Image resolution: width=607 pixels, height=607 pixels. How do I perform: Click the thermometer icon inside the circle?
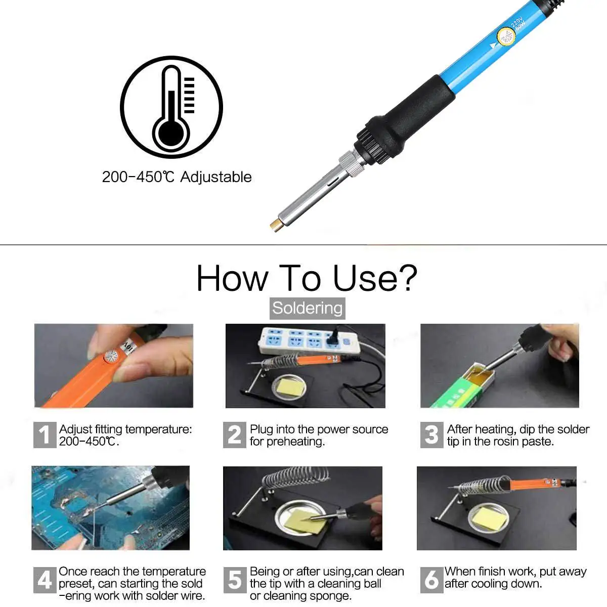(171, 109)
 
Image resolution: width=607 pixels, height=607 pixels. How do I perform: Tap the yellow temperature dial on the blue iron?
(506, 37)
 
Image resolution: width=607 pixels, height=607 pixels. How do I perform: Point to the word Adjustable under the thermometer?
(215, 177)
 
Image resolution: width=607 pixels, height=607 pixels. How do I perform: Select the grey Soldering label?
(307, 308)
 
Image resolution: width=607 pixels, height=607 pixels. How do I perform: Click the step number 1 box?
(45, 435)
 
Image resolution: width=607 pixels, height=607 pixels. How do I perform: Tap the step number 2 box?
(235, 435)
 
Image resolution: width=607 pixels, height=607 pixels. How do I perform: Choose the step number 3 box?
(431, 435)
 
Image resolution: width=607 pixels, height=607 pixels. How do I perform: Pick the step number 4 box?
(45, 580)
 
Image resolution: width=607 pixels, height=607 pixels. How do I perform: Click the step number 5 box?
(235, 580)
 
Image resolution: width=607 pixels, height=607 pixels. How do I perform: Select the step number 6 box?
(431, 580)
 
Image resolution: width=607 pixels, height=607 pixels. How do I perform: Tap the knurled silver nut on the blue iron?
(350, 163)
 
